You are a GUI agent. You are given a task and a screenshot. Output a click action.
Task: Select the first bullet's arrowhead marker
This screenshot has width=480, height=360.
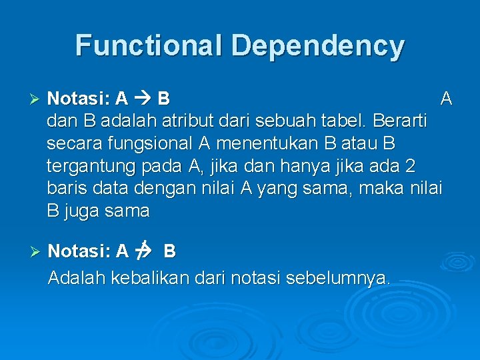[x=37, y=99]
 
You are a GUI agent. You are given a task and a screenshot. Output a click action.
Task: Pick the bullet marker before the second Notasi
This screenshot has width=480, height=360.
[x=37, y=251]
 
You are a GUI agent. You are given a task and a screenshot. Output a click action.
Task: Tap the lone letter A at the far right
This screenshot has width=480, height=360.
[x=446, y=99]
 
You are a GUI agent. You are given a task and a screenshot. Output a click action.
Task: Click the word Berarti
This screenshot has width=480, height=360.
[x=401, y=123]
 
